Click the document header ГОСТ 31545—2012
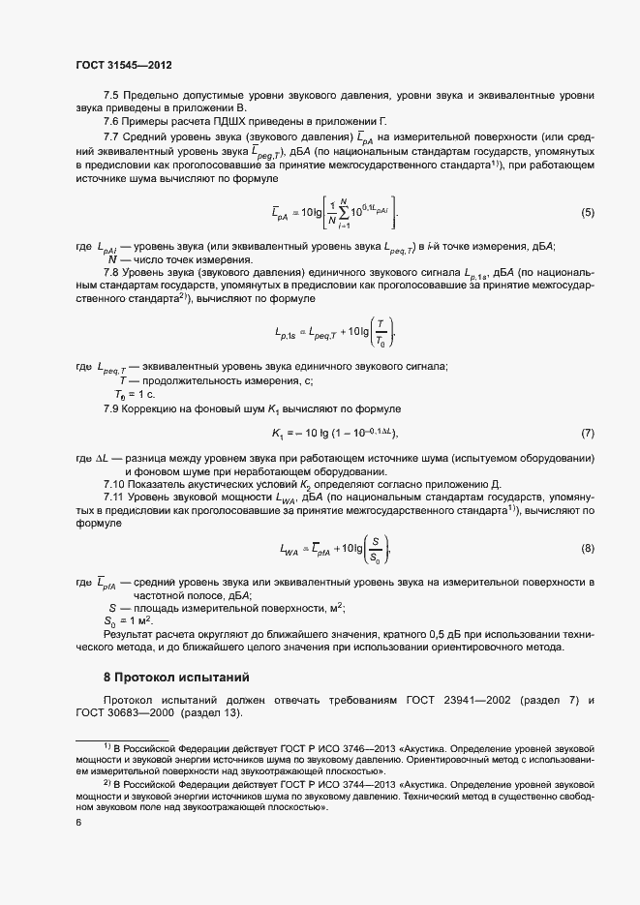(x=124, y=65)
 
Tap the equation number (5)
(x=586, y=239)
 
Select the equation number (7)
(x=586, y=432)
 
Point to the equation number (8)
(x=586, y=550)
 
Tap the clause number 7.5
(x=110, y=94)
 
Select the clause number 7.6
(x=110, y=121)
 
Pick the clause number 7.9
(x=110, y=410)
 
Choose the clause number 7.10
(x=113, y=484)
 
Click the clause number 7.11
(x=113, y=498)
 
